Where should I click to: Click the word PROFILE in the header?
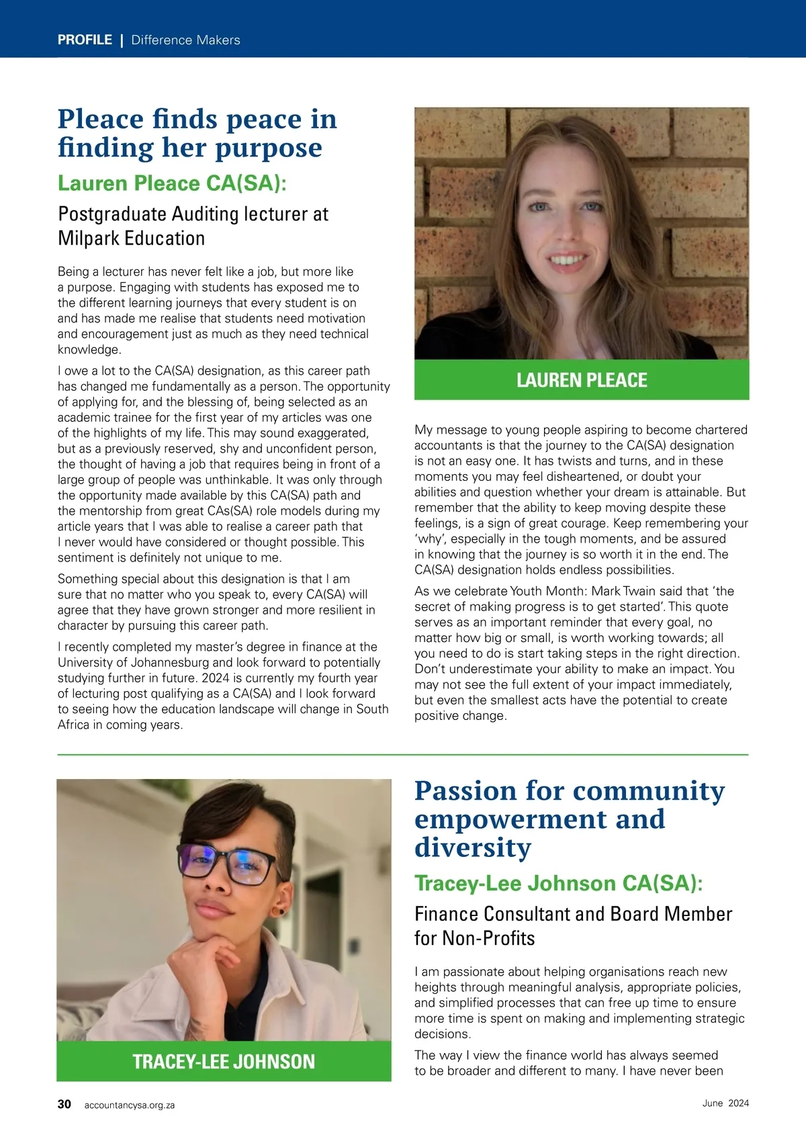[85, 40]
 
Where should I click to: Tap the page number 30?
[64, 1104]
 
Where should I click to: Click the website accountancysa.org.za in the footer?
[130, 1105]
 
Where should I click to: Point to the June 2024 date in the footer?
[725, 1103]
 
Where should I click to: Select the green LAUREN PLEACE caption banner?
[582, 380]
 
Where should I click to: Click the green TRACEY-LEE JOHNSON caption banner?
[224, 1061]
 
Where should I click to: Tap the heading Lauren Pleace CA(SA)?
[172, 183]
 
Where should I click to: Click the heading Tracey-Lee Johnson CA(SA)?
[558, 883]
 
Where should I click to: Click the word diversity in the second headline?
[473, 848]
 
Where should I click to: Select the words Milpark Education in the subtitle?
[132, 238]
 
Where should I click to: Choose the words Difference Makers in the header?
[185, 40]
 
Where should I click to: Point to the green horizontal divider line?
[403, 755]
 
